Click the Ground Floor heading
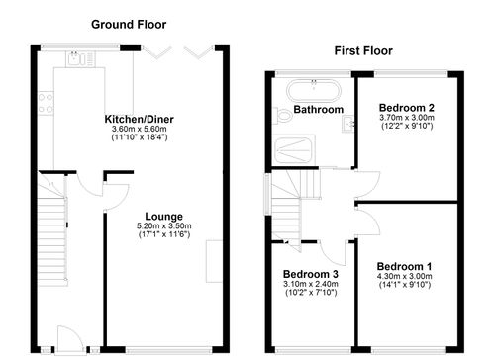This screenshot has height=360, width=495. point(129,24)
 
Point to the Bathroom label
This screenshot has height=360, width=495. point(318,109)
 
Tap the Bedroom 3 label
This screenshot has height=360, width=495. point(310,274)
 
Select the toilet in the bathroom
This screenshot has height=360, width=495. point(284,117)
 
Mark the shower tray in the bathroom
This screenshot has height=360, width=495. point(295,147)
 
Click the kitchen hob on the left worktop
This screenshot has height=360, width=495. point(46,98)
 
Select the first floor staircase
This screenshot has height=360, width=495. point(289,203)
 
